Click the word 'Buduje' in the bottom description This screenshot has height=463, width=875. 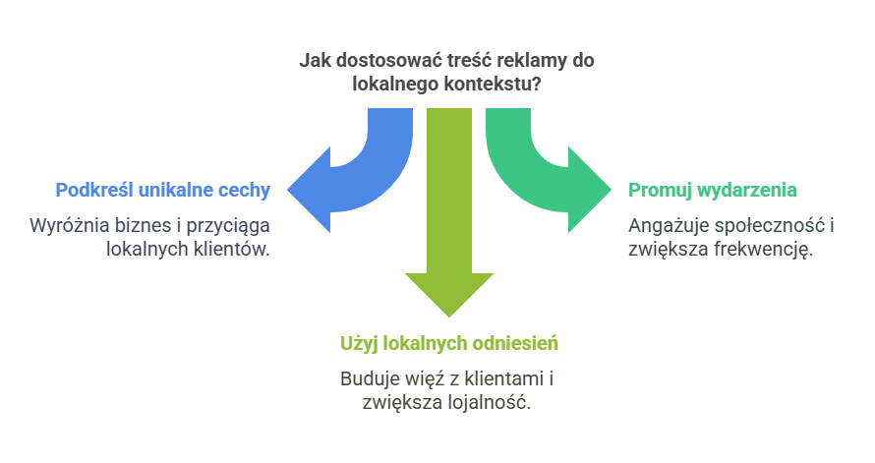tap(366, 379)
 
